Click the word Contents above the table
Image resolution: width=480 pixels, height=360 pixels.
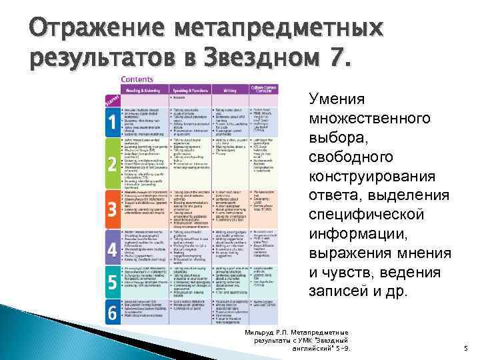[x=135, y=79]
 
